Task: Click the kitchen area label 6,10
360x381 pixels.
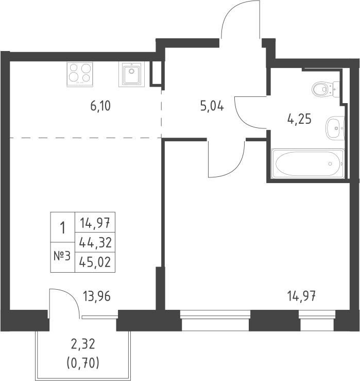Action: coord(101,107)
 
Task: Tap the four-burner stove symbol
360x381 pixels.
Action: coord(80,73)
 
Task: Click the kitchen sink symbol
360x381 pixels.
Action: coord(132,74)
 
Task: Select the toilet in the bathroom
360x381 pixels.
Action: coord(323,88)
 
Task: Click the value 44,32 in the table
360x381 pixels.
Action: coord(95,242)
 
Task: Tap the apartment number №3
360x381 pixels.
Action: coord(62,256)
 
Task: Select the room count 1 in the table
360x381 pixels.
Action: coord(63,227)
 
